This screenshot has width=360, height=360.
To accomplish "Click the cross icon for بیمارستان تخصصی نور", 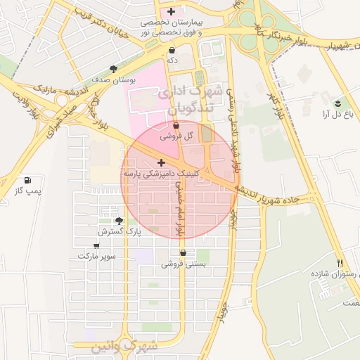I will coord(171,12).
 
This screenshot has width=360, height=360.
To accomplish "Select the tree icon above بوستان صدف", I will coord(114,69).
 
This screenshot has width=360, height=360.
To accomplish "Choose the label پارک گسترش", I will coord(119,231).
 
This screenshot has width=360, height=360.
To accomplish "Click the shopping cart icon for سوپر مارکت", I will coord(96,245).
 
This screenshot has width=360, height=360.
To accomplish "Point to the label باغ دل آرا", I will coord(337,113).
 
